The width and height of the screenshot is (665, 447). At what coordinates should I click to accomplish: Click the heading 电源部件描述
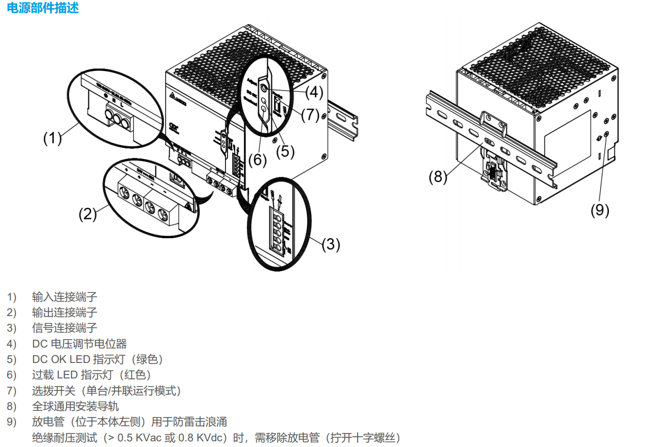(x=43, y=8)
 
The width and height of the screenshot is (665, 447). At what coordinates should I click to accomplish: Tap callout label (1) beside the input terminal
(x=53, y=138)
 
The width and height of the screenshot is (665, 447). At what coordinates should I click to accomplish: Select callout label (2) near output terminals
(x=88, y=213)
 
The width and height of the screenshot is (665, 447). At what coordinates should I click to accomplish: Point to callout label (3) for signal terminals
(x=331, y=244)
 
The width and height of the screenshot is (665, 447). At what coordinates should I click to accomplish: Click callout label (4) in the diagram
(x=314, y=93)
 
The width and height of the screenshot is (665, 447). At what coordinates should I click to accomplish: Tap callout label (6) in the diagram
(x=257, y=160)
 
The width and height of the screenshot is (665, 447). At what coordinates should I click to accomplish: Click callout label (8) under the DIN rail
(x=438, y=177)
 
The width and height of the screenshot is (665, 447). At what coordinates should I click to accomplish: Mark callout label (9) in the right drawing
(x=600, y=210)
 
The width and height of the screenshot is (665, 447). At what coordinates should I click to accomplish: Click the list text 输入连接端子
(x=64, y=297)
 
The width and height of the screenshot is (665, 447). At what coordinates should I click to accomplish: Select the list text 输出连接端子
(x=64, y=312)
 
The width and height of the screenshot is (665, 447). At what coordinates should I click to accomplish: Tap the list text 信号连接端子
(x=64, y=328)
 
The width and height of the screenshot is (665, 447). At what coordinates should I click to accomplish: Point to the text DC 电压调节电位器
(x=79, y=344)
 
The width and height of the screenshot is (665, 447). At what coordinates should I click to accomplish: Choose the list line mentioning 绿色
(x=98, y=359)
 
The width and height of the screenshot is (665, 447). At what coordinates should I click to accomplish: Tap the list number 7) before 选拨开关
(x=12, y=391)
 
